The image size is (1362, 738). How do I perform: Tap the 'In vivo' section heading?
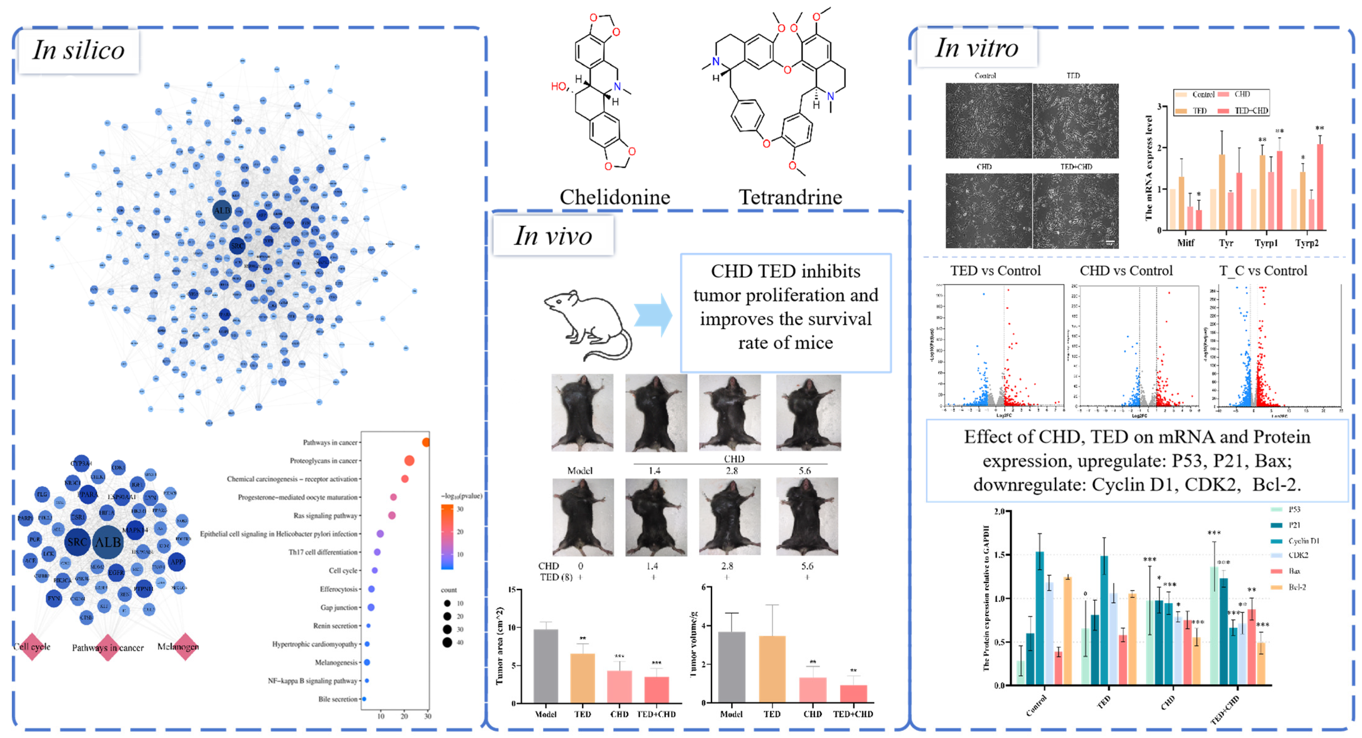[553, 236]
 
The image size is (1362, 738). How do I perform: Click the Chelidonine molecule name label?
[615, 197]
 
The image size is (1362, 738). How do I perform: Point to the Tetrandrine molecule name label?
[790, 197]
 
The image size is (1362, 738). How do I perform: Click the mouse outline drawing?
[587, 325]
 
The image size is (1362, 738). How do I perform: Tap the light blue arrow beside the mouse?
[653, 316]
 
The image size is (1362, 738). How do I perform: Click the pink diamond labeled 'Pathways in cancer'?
[108, 648]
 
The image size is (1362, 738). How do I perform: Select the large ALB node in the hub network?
[108, 542]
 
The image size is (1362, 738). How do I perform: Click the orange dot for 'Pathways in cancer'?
[426, 442]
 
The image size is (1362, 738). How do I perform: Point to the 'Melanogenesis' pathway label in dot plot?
[336, 663]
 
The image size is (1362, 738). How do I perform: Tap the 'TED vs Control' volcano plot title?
[995, 271]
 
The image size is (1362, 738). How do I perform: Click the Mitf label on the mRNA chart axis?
[1185, 243]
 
